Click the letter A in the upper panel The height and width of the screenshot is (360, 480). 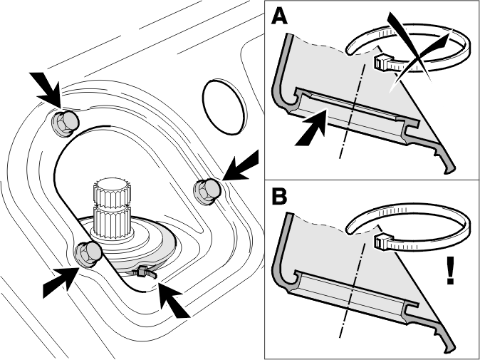[x=280, y=16]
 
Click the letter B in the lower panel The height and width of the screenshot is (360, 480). [x=279, y=196]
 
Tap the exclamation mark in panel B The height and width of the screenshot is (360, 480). [x=450, y=270]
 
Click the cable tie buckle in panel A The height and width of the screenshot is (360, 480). [x=382, y=61]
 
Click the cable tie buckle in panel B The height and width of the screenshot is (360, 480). [x=382, y=242]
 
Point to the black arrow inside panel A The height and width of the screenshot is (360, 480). [x=310, y=128]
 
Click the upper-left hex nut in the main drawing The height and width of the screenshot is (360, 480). [x=65, y=123]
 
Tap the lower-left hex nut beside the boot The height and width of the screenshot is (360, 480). [x=88, y=254]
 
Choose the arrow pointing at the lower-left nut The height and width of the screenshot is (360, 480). [x=61, y=282]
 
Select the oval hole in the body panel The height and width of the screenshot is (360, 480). [x=224, y=107]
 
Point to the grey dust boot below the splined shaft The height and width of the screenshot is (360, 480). [x=144, y=245]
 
